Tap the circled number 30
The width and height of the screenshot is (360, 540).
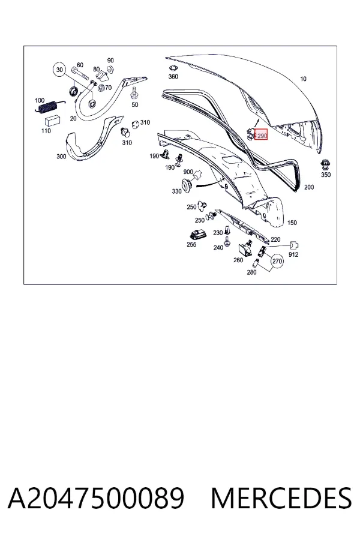point(59,70)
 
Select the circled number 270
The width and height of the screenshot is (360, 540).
point(277,261)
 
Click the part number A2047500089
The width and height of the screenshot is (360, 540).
point(96,499)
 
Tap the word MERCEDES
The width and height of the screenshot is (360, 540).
point(281,499)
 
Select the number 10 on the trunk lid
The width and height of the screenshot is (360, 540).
point(303,79)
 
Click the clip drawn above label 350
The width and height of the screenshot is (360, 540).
point(325,164)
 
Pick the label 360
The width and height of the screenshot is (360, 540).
point(173,76)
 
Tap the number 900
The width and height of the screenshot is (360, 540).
point(188,172)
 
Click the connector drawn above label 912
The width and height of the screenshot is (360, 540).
point(294,245)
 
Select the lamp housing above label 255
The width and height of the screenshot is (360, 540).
point(197,235)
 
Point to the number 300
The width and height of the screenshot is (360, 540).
point(61,157)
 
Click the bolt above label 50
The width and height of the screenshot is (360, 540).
point(134,92)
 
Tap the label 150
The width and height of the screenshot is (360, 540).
point(292,223)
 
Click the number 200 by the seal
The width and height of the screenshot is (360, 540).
point(309,187)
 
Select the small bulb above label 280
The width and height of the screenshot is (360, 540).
point(256,263)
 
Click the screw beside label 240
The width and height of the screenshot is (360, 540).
point(227,241)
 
